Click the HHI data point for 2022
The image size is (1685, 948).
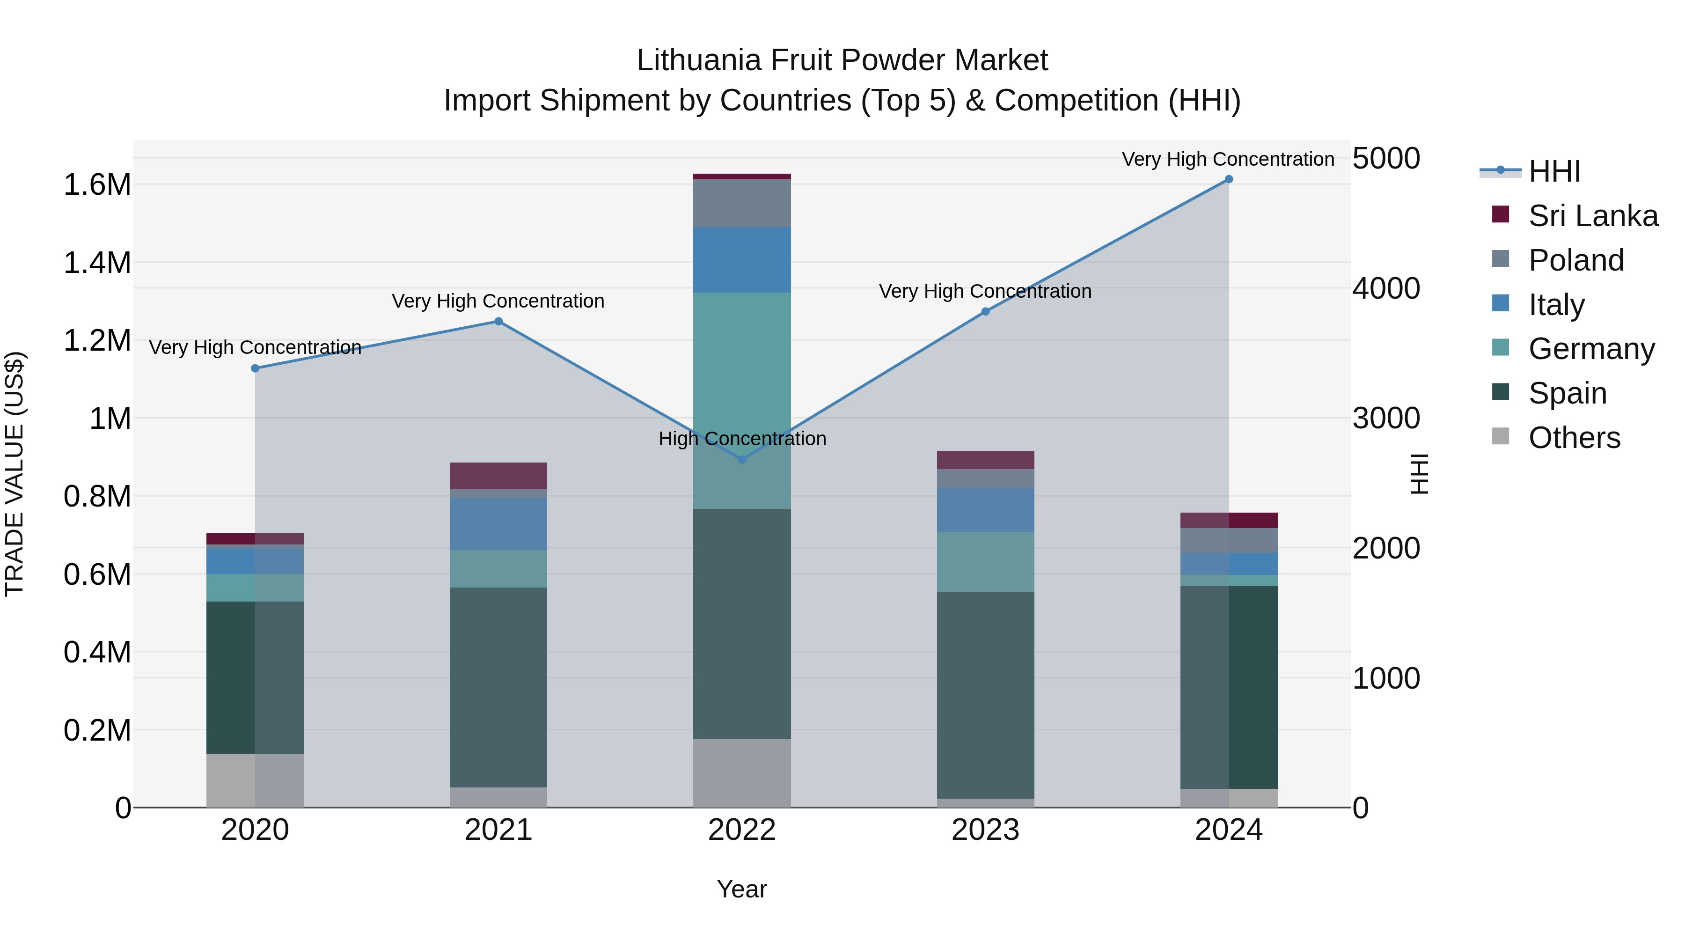pyautogui.click(x=742, y=459)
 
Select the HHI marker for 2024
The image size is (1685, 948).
pyautogui.click(x=1229, y=179)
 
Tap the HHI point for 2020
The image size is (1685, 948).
pyautogui.click(x=255, y=368)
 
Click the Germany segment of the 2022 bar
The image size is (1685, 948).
pyautogui.click(x=742, y=400)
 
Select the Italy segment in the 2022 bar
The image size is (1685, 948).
pyautogui.click(x=742, y=260)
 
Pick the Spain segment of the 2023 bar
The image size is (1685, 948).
pyautogui.click(x=985, y=695)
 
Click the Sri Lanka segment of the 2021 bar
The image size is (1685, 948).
pyautogui.click(x=498, y=476)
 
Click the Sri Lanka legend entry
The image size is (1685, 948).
pyautogui.click(x=1593, y=216)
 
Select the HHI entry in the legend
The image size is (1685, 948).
pyautogui.click(x=1554, y=171)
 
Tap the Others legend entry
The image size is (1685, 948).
pyautogui.click(x=1574, y=438)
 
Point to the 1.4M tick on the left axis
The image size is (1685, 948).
pyautogui.click(x=97, y=263)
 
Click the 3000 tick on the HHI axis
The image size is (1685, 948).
pyautogui.click(x=1386, y=418)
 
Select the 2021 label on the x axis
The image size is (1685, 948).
pyautogui.click(x=498, y=830)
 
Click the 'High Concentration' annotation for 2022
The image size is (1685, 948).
pyautogui.click(x=742, y=438)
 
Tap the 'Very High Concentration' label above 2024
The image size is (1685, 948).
pyautogui.click(x=1228, y=159)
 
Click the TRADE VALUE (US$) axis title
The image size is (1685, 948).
pyautogui.click(x=15, y=474)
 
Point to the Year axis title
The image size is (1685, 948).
pyautogui.click(x=742, y=889)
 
